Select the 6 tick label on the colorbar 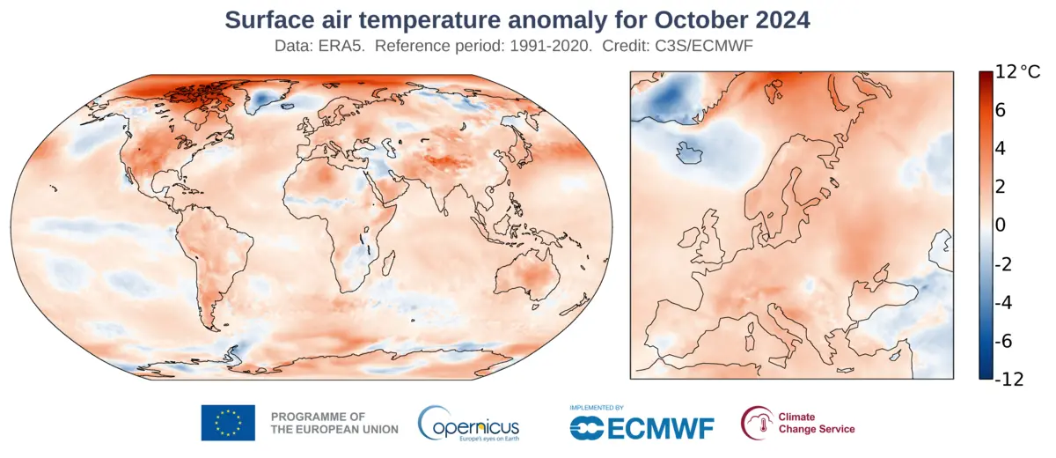[x=1001, y=111]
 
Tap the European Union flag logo [x=228, y=423]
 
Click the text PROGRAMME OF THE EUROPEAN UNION [x=334, y=423]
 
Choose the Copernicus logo [x=468, y=424]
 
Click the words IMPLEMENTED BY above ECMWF [x=597, y=408]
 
